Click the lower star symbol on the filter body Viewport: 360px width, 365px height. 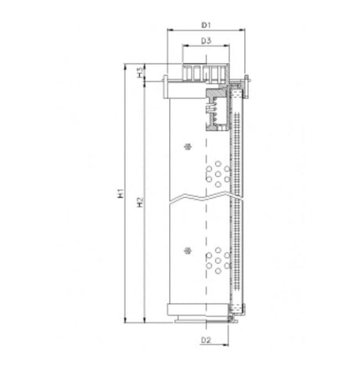(x=186, y=250)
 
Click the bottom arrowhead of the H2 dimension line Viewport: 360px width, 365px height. (x=146, y=321)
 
